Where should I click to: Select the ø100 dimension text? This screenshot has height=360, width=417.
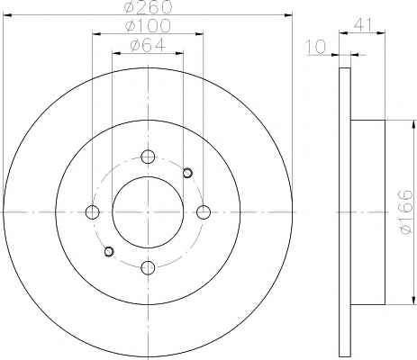pos(149,25)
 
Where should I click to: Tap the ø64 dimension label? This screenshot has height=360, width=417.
pos(148,45)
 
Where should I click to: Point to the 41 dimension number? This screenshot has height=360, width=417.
pos(363,24)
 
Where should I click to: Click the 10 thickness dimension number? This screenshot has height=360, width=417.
pos(316,47)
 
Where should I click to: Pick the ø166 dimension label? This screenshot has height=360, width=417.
pos(406,212)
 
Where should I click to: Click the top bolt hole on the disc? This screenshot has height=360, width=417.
pos(148,157)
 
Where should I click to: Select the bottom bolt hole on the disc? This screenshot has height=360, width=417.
pos(148,267)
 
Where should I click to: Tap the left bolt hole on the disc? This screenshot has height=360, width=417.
pos(92,212)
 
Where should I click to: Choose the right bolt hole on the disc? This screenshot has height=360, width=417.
pos(204,212)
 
